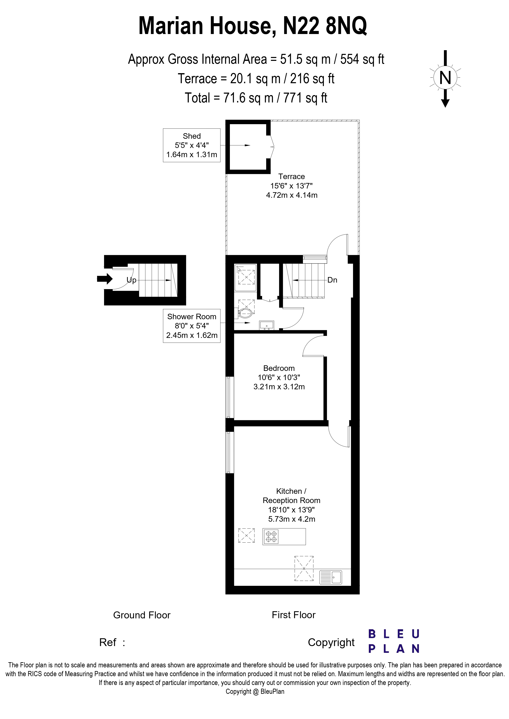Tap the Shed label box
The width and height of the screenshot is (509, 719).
192,145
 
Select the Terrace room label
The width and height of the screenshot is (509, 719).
292,186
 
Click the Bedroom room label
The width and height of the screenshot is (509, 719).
279,377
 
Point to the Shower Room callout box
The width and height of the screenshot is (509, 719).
192,326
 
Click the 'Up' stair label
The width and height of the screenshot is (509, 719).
131,280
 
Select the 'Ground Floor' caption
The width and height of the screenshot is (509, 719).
142,615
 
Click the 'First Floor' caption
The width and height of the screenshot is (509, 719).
293,615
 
